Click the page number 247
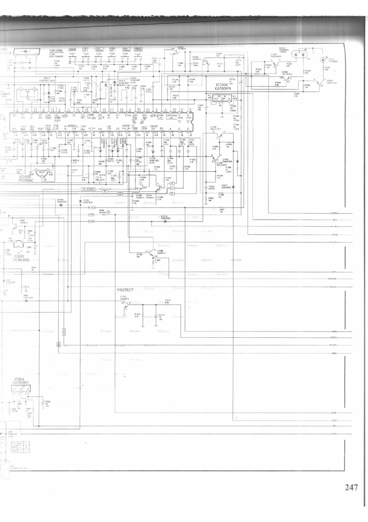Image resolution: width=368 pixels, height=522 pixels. (351, 487)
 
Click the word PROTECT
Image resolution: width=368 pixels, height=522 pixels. (125, 290)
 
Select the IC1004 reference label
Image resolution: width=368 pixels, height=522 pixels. (222, 85)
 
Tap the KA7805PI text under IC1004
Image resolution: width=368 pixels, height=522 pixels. (223, 88)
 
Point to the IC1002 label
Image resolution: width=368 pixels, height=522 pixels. (26, 177)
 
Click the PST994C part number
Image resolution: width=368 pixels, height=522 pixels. (26, 180)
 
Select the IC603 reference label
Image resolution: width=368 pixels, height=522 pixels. (19, 256)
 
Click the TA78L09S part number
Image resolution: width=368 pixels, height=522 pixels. (22, 260)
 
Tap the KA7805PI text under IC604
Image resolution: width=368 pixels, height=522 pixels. (21, 383)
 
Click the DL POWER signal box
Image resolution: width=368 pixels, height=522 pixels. (88, 189)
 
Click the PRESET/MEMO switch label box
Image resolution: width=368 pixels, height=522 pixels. (138, 50)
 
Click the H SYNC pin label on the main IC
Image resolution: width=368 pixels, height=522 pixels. (189, 116)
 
